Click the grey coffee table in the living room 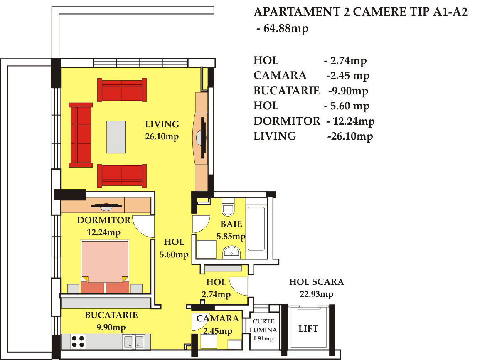(x=116, y=137)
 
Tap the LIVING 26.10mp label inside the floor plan (x=162, y=131)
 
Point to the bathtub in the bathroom (x=256, y=229)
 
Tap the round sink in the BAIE (x=232, y=252)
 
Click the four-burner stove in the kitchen (x=78, y=342)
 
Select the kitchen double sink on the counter (x=134, y=342)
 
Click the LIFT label (x=308, y=329)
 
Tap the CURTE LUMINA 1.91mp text (x=263, y=330)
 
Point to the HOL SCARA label (x=317, y=282)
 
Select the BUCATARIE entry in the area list (x=286, y=91)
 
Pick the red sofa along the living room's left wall (x=81, y=135)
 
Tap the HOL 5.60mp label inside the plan (x=174, y=248)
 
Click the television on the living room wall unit (x=203, y=138)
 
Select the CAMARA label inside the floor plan (x=218, y=318)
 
